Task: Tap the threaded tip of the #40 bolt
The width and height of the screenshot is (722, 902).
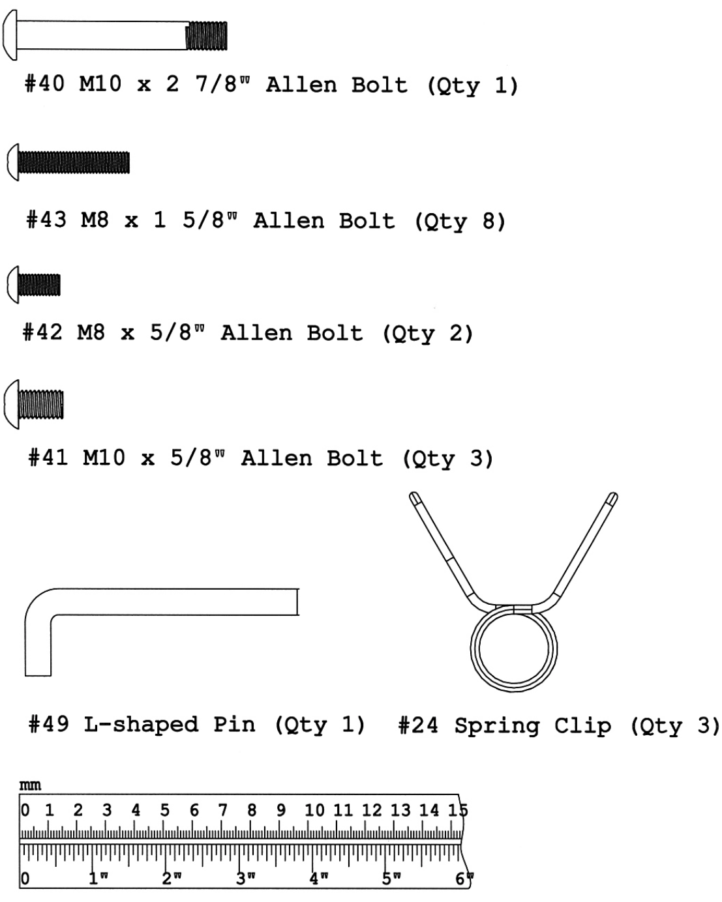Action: coord(207,36)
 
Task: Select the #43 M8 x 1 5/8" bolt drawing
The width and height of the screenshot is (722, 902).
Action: coord(68,162)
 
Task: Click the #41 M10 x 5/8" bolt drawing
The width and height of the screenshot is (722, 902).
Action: coord(35,405)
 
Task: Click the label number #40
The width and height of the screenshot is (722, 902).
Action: coord(44,84)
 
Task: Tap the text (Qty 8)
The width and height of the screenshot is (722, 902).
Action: coord(460,222)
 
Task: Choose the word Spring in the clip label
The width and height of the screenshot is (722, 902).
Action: coord(497,726)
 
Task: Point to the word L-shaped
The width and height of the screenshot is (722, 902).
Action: coord(141,725)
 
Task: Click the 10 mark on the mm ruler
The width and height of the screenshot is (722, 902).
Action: coord(314,810)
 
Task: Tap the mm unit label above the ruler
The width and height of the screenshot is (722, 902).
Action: coord(30,785)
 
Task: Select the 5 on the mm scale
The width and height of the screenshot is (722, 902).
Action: coord(164,810)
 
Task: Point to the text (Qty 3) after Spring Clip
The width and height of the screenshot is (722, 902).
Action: coord(676,726)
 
